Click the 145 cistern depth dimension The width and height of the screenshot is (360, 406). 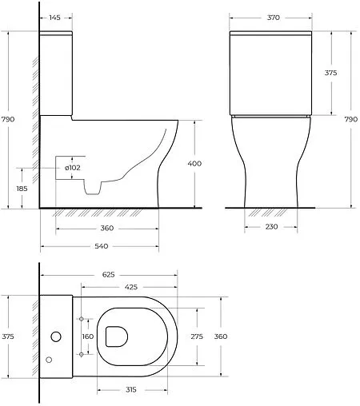54,18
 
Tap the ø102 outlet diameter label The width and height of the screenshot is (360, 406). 73,168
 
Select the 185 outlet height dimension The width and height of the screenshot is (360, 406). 22,189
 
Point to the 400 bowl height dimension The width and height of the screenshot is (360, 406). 194,163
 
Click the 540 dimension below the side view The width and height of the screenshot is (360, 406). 102,246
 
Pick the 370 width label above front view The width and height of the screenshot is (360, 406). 274,18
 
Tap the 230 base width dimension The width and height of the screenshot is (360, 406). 271,226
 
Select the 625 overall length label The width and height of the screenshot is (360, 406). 109,274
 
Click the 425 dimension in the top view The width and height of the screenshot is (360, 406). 131,287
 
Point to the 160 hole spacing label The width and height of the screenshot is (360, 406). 88,336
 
